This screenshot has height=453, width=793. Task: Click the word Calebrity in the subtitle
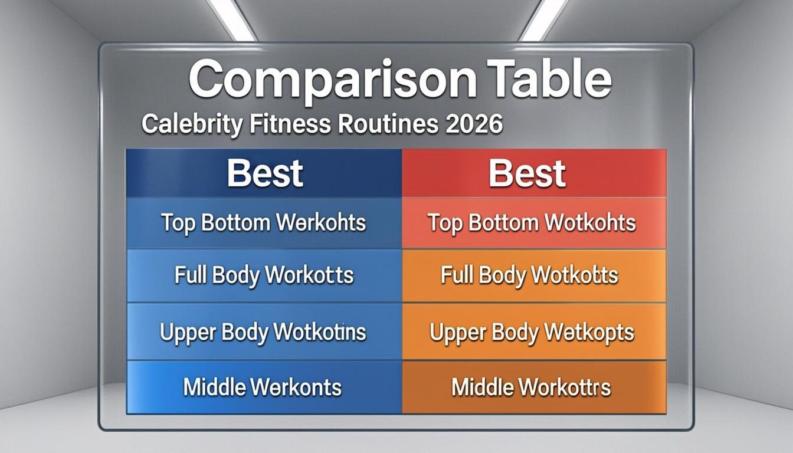(x=192, y=125)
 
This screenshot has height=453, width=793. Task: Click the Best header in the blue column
(x=265, y=173)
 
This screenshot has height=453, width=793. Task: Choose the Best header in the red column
(x=527, y=173)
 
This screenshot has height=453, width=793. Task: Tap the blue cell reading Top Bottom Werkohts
(x=264, y=223)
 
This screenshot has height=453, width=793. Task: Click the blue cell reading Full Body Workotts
(x=264, y=275)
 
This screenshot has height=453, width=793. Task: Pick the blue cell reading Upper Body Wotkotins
(x=264, y=331)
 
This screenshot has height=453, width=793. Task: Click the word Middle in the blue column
(x=214, y=387)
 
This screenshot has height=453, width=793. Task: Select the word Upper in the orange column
(x=454, y=332)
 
